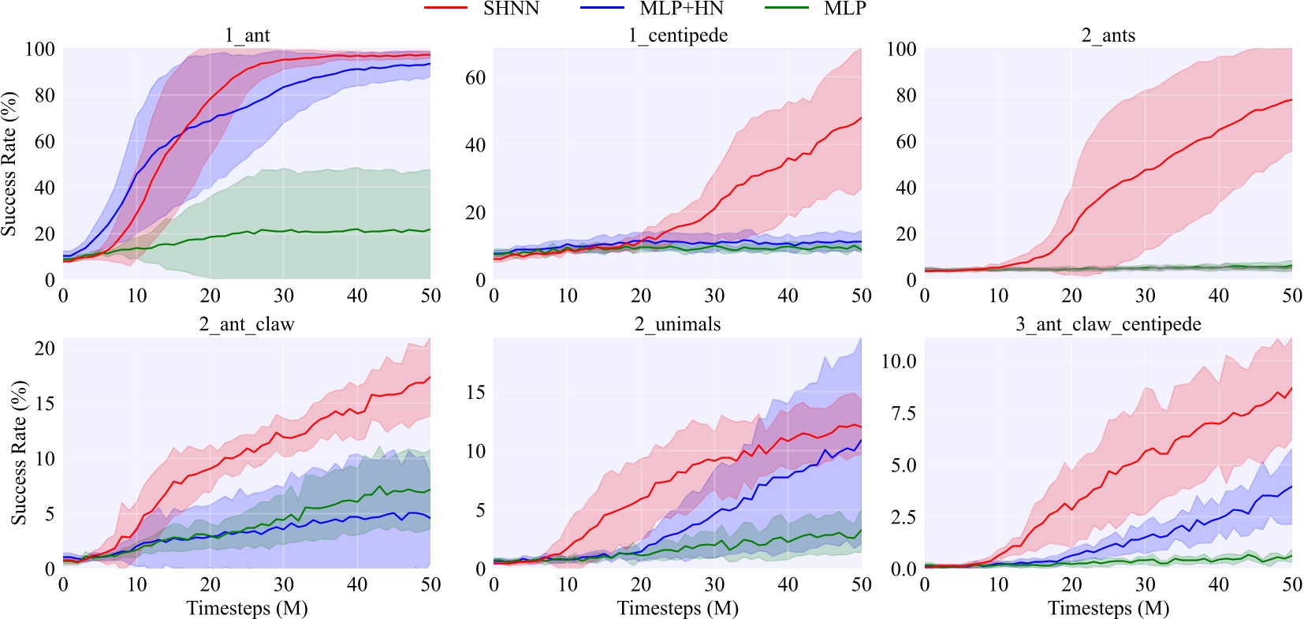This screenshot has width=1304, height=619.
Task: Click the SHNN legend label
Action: click(x=511, y=9)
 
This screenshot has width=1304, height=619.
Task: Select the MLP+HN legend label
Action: click(x=681, y=9)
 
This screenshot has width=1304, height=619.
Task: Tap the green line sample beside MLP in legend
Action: click(x=786, y=9)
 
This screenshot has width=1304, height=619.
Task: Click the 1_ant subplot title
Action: click(x=247, y=35)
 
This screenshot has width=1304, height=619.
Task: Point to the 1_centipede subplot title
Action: click(x=677, y=35)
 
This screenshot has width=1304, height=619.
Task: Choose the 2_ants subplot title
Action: click(x=1108, y=35)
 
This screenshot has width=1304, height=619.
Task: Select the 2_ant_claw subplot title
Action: click(x=247, y=324)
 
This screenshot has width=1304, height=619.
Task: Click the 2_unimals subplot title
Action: click(x=677, y=324)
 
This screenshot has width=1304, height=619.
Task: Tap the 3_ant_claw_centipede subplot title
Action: click(x=1108, y=324)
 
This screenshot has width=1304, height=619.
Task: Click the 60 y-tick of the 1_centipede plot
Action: click(x=475, y=77)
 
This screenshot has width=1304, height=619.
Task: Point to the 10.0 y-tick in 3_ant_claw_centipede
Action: click(x=899, y=361)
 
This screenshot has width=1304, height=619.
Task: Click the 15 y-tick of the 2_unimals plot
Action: click(x=475, y=392)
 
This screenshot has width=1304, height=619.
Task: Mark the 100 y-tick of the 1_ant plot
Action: click(x=39, y=49)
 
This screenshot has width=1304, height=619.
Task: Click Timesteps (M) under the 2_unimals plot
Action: click(x=677, y=608)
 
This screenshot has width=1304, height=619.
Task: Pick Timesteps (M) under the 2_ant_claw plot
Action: click(x=247, y=608)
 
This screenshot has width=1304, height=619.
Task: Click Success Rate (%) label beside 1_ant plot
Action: click(x=9, y=164)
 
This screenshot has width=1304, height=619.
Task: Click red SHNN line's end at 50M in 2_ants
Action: click(x=1291, y=100)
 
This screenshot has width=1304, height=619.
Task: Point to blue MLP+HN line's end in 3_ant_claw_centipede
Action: click(x=1291, y=487)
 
